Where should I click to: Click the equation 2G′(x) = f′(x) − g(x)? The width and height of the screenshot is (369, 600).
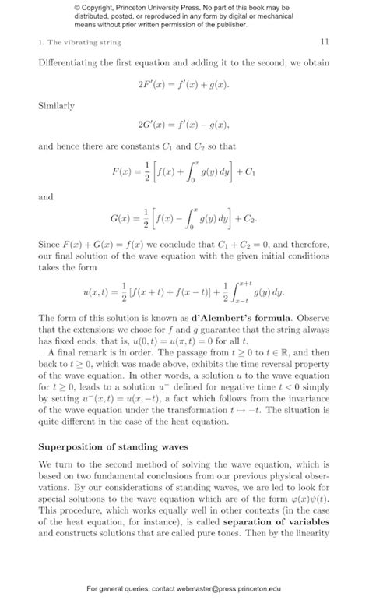point(184,124)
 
